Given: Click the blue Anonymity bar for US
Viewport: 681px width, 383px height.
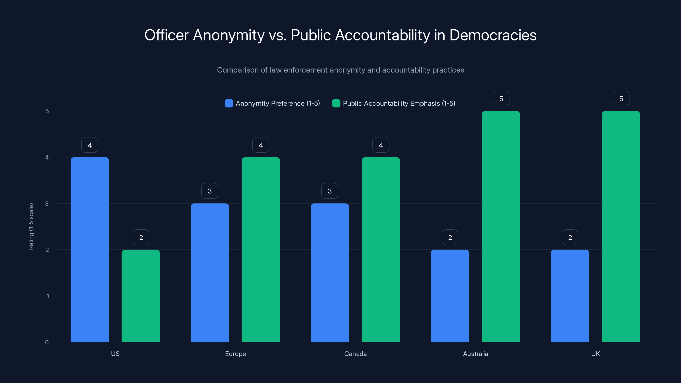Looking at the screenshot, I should (90, 250).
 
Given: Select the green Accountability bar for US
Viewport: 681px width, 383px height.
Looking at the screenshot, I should (141, 296).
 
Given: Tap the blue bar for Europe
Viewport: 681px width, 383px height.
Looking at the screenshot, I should (210, 273).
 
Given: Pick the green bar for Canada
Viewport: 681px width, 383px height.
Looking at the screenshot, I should (381, 250).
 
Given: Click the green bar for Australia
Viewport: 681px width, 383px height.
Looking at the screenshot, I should (501, 227).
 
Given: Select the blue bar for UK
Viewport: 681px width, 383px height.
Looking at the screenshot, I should (570, 296).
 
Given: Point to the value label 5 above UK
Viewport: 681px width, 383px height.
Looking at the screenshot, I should (621, 99).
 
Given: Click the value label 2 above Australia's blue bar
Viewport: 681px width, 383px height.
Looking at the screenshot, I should (450, 237).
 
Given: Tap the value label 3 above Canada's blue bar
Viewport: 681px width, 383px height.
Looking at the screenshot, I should (330, 191).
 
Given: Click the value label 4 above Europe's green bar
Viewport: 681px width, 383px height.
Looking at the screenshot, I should (261, 145).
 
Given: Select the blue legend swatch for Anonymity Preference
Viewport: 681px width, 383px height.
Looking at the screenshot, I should (229, 103).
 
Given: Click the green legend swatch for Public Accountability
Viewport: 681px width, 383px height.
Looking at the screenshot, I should (336, 103).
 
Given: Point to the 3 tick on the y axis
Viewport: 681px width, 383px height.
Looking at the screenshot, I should (47, 204).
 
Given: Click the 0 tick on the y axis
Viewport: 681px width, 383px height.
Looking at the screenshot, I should (47, 342).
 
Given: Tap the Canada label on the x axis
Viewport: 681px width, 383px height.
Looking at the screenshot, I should (355, 354).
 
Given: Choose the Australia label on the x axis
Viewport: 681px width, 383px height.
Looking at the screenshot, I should (475, 354).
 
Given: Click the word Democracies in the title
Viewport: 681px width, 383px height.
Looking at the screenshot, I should (493, 35).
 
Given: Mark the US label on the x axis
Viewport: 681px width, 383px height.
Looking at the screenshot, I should (115, 354).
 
